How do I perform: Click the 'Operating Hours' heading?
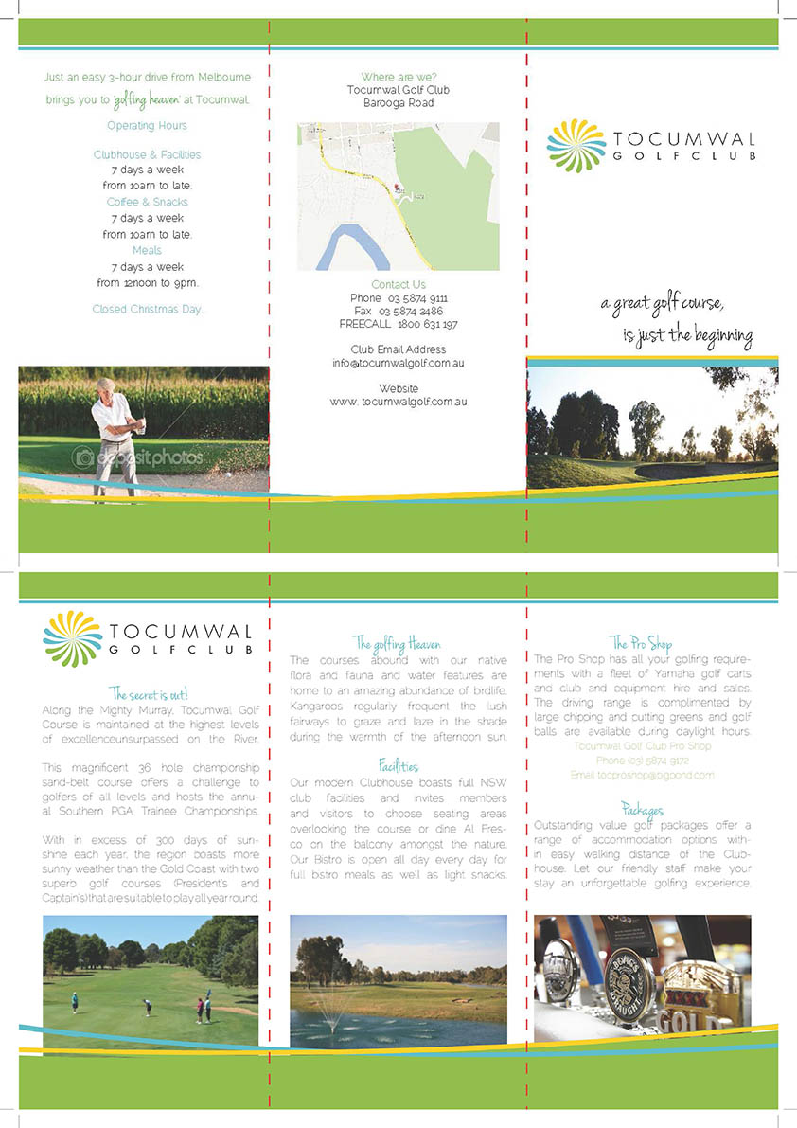pyautogui.click(x=147, y=126)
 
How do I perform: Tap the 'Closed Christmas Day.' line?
pyautogui.click(x=148, y=310)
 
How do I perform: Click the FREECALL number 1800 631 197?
pyautogui.click(x=428, y=324)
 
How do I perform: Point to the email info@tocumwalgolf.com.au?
pyautogui.click(x=398, y=364)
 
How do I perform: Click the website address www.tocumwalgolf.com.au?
pyautogui.click(x=398, y=402)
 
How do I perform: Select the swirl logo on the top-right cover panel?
pyautogui.click(x=575, y=147)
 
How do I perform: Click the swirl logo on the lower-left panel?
pyautogui.click(x=72, y=638)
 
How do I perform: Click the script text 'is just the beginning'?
pyautogui.click(x=687, y=336)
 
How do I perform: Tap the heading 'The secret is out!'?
pyautogui.click(x=149, y=694)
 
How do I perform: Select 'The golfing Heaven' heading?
pyautogui.click(x=397, y=644)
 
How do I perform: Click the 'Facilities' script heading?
pyautogui.click(x=398, y=765)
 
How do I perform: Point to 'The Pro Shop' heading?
pyautogui.click(x=641, y=644)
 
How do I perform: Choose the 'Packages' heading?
pyautogui.click(x=642, y=810)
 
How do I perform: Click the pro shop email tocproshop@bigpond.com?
pyautogui.click(x=642, y=775)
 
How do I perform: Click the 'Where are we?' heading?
pyautogui.click(x=398, y=77)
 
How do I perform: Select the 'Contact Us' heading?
pyautogui.click(x=398, y=285)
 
